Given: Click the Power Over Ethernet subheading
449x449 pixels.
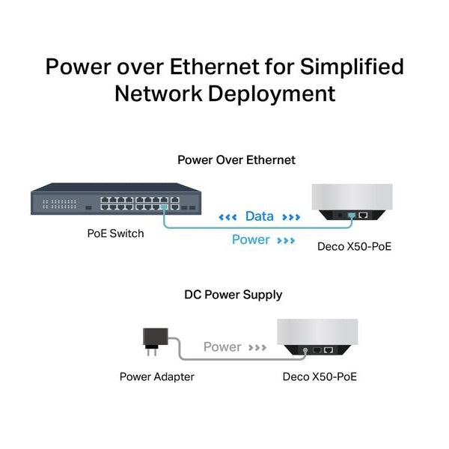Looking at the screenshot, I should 236,160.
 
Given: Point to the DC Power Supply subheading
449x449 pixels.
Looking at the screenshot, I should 233,295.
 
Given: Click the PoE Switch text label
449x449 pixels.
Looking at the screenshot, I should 115,233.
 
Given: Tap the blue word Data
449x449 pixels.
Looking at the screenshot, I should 259,217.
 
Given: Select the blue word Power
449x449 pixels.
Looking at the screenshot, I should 251,240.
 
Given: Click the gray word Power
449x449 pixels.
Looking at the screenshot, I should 222,347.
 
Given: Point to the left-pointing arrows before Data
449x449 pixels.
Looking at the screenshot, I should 227,218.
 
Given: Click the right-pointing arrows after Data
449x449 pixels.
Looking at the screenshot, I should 291,218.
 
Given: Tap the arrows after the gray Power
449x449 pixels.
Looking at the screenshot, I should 258,348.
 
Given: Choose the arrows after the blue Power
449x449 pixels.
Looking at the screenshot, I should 286,241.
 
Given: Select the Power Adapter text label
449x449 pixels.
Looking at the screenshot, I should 157,376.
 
